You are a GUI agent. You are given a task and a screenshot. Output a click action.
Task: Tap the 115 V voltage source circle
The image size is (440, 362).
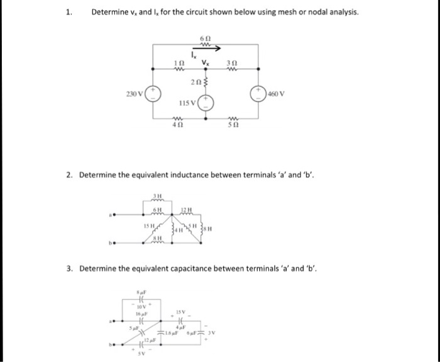[208, 103]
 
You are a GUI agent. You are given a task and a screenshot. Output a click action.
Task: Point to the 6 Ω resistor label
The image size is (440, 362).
[203, 38]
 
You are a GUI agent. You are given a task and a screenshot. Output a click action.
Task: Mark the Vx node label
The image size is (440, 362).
[206, 61]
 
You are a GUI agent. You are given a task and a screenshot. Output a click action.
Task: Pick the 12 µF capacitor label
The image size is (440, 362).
[148, 341]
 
